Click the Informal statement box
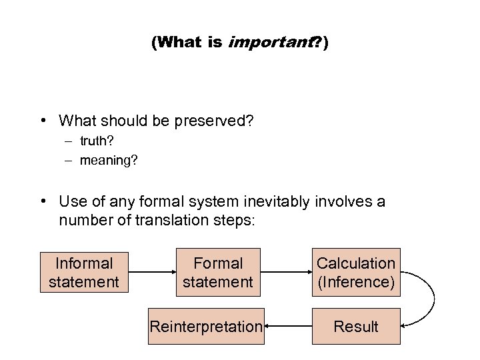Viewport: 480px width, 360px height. point(83,273)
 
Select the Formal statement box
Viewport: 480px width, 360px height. point(218,273)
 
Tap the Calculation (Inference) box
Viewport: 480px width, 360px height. point(355,273)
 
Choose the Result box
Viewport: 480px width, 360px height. point(355,327)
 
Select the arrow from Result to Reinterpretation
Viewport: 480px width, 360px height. point(287,327)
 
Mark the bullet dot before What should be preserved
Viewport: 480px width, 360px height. point(43,121)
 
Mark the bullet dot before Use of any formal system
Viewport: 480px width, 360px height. point(43,201)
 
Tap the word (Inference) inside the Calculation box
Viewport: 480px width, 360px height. point(355,282)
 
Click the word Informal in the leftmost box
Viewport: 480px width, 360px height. point(83,263)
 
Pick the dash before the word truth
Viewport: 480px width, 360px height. point(69,141)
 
